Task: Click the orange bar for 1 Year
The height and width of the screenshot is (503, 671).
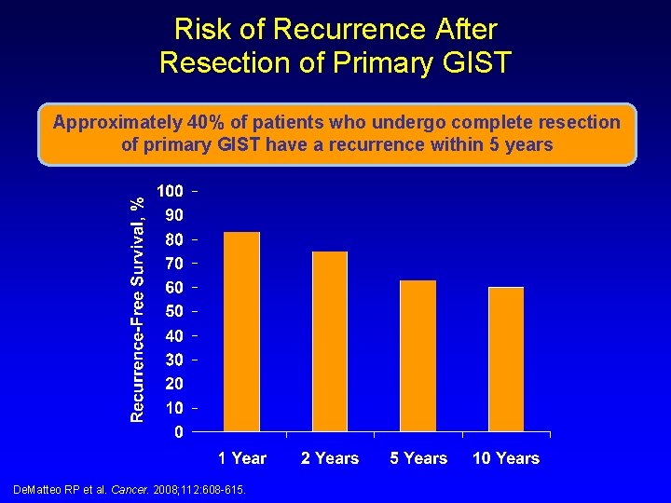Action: [x=242, y=331]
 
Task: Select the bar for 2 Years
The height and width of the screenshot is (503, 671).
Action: [x=330, y=341]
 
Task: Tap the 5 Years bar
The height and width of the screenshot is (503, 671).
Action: [x=418, y=355]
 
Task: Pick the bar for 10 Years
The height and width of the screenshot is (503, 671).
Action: [x=506, y=359]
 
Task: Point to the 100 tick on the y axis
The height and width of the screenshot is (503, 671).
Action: [x=170, y=191]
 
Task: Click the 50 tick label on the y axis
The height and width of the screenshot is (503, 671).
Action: [x=173, y=311]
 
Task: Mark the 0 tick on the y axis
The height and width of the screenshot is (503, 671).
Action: [x=178, y=432]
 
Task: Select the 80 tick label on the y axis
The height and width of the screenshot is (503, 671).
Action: [x=173, y=239]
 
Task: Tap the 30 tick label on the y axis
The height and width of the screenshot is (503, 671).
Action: [x=173, y=360]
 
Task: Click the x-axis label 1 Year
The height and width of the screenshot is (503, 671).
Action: [x=242, y=458]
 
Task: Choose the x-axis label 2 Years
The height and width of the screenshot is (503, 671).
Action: [x=330, y=458]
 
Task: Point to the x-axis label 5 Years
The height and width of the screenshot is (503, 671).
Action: [x=418, y=458]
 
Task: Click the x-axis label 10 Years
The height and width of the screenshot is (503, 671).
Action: [x=506, y=458]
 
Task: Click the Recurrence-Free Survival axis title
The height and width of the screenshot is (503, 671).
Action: [x=137, y=307]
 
